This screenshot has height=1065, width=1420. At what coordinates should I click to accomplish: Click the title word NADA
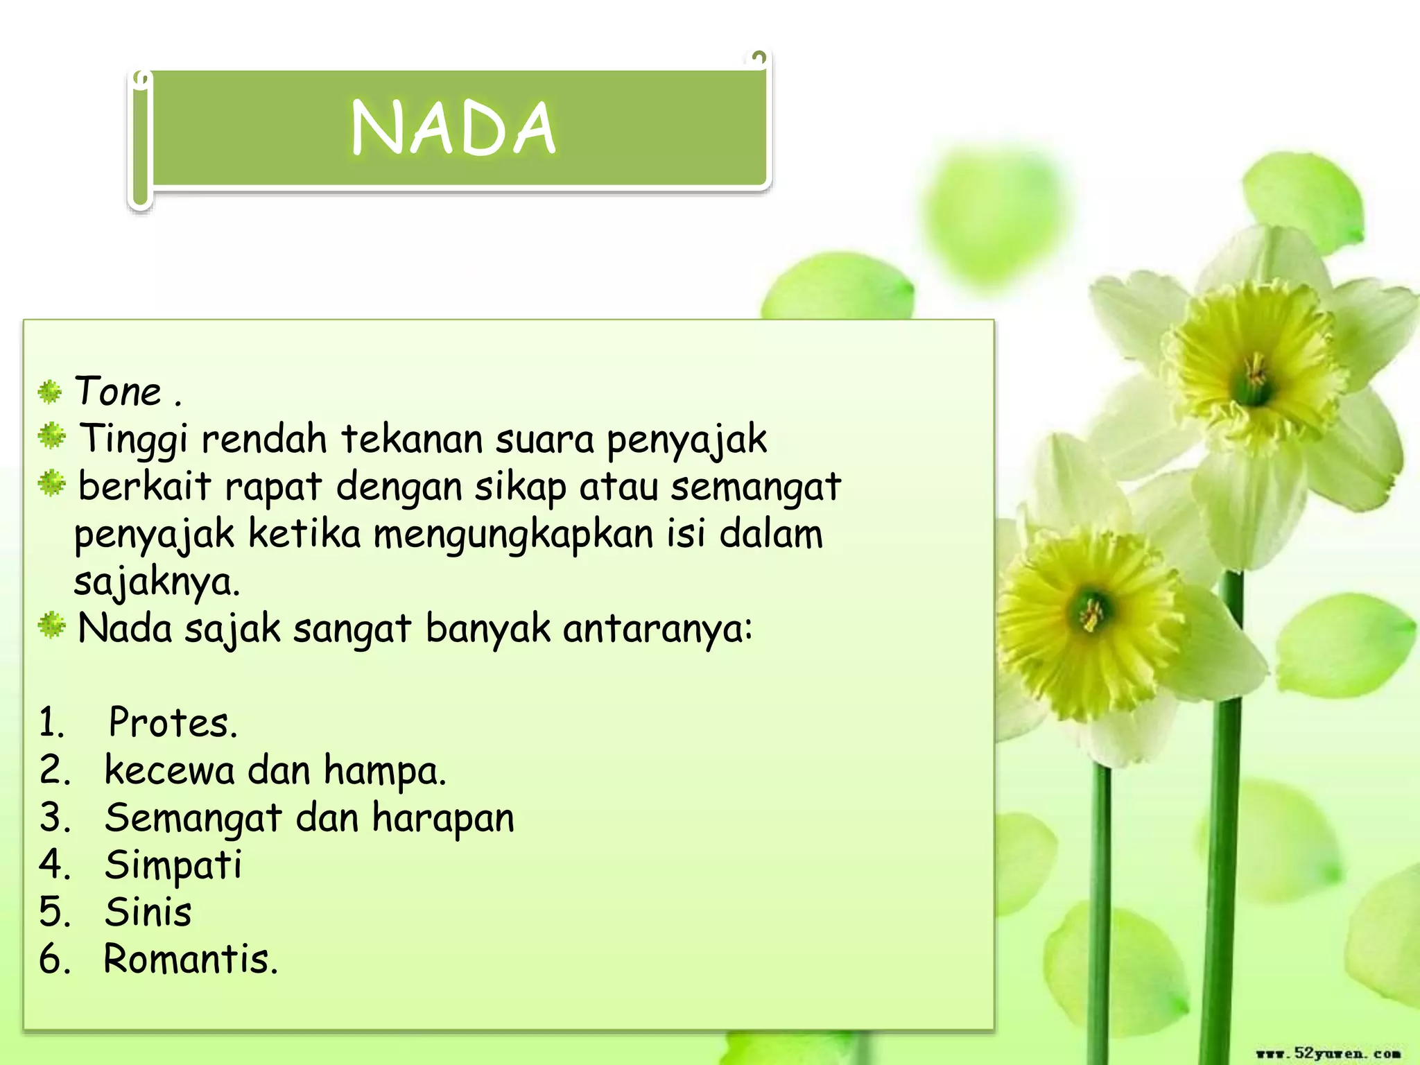click(x=453, y=128)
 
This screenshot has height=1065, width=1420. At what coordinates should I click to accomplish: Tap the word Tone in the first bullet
click(x=118, y=392)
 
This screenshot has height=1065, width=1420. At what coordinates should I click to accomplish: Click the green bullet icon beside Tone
click(x=50, y=392)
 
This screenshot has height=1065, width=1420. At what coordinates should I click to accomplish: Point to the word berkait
click(x=144, y=486)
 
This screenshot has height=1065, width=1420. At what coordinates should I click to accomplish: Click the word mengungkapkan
click(x=514, y=535)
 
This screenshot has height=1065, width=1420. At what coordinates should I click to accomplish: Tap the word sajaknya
click(x=157, y=582)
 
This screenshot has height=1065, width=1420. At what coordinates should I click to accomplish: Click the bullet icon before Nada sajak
click(x=51, y=625)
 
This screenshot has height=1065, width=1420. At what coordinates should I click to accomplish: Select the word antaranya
click(x=657, y=629)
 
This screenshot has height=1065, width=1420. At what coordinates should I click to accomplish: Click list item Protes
click(x=173, y=723)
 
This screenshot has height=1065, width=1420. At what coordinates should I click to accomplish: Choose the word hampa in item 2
click(x=385, y=771)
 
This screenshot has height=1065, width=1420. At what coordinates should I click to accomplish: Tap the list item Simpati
click(x=173, y=865)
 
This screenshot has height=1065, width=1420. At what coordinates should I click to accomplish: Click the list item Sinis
click(x=148, y=912)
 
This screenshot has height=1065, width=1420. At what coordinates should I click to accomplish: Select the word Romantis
click(x=190, y=960)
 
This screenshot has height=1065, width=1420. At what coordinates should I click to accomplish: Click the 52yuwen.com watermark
click(x=1328, y=1053)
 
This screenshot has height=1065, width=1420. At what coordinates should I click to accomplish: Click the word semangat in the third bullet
click(x=756, y=486)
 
